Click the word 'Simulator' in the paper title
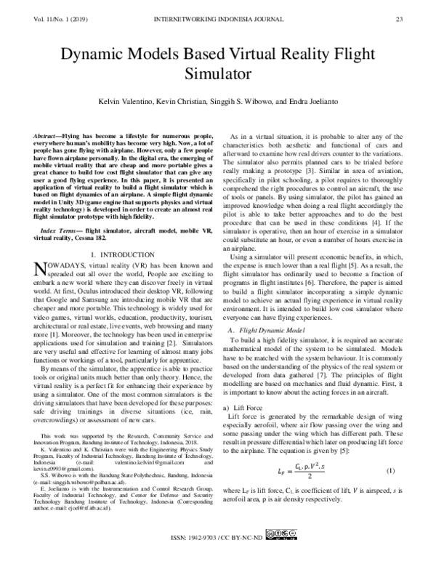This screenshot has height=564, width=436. coord(218,73)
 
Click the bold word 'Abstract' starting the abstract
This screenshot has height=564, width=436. coord(48,137)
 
